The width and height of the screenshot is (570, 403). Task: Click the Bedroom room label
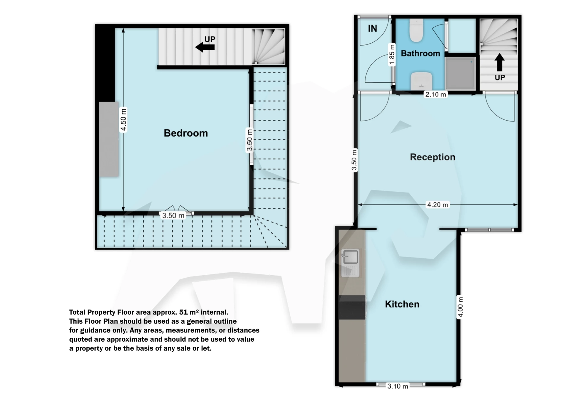pos(186,133)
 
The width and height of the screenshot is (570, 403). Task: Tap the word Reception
pos(432,157)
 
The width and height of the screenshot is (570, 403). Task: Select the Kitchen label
pos(402,304)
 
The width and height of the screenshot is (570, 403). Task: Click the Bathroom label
pos(420,53)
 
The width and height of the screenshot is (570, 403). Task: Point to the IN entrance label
pos(372,28)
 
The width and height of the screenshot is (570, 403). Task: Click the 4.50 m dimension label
pos(123,120)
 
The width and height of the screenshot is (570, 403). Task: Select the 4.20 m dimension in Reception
pos(437,205)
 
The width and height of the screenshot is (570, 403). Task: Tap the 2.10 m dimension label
pos(436,95)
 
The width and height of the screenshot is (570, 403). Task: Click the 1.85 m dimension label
pos(392,55)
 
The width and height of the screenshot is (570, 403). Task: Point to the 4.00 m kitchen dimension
pos(460,307)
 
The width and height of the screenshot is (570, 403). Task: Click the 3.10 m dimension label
pos(398,386)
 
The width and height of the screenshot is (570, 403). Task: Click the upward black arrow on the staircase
pos(499,62)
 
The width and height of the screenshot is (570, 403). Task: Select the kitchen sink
pos(350,257)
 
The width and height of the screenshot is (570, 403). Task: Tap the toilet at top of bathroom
pos(416,31)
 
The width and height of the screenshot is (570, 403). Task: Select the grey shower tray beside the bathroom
pos(460,73)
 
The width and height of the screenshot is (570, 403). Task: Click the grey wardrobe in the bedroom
pos(109,139)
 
